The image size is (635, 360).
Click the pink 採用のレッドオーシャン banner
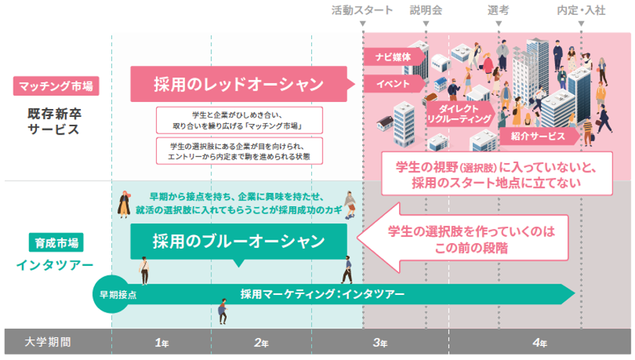[x=238, y=84]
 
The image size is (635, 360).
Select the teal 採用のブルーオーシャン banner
[x=238, y=240]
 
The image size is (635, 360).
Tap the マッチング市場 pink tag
[x=55, y=86]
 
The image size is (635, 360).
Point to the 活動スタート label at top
[x=362, y=11]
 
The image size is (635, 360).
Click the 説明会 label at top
[x=425, y=11]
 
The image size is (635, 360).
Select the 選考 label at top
[x=498, y=11]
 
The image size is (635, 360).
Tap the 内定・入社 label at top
[x=581, y=11]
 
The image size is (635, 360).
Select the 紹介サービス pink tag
[x=532, y=135]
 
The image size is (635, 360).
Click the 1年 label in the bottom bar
[x=162, y=342]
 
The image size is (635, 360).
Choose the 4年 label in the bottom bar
[x=539, y=342]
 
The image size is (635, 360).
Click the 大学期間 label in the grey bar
[x=47, y=342]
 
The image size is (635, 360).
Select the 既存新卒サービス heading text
[x=55, y=121]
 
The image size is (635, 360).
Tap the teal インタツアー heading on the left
[x=55, y=265]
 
